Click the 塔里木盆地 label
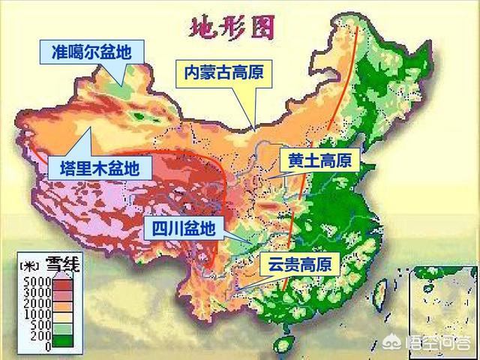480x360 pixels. (94, 168)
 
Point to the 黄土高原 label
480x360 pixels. (319, 160)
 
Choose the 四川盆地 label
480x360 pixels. (182, 228)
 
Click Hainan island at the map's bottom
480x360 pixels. (283, 343)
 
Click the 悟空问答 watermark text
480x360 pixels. (443, 344)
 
